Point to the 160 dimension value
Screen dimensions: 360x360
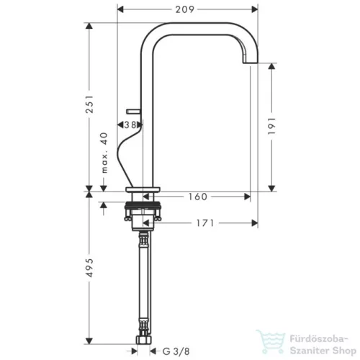point(199,196)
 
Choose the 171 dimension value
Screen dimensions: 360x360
point(204,223)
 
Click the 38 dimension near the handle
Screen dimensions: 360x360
point(131,125)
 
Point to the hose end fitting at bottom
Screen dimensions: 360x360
point(143,338)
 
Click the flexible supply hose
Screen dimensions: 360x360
point(143,281)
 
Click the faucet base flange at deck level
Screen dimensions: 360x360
point(143,192)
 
